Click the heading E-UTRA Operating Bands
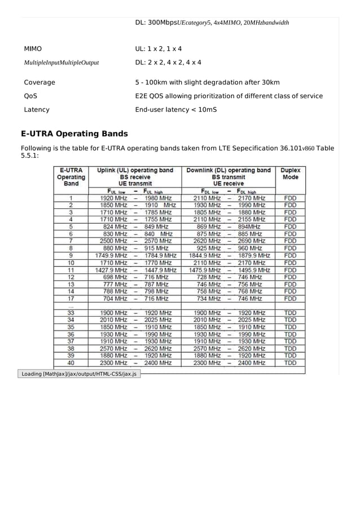click(74, 134)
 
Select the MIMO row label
click(33, 49)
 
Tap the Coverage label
click(39, 82)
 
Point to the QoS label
click(30, 96)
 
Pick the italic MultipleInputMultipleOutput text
click(61, 63)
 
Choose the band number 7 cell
click(71, 241)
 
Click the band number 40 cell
click(71, 363)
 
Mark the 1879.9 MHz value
click(254, 255)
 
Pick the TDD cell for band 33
click(290, 312)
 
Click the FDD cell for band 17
click(290, 298)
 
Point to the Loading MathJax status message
click(79, 374)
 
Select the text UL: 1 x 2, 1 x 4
click(159, 49)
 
